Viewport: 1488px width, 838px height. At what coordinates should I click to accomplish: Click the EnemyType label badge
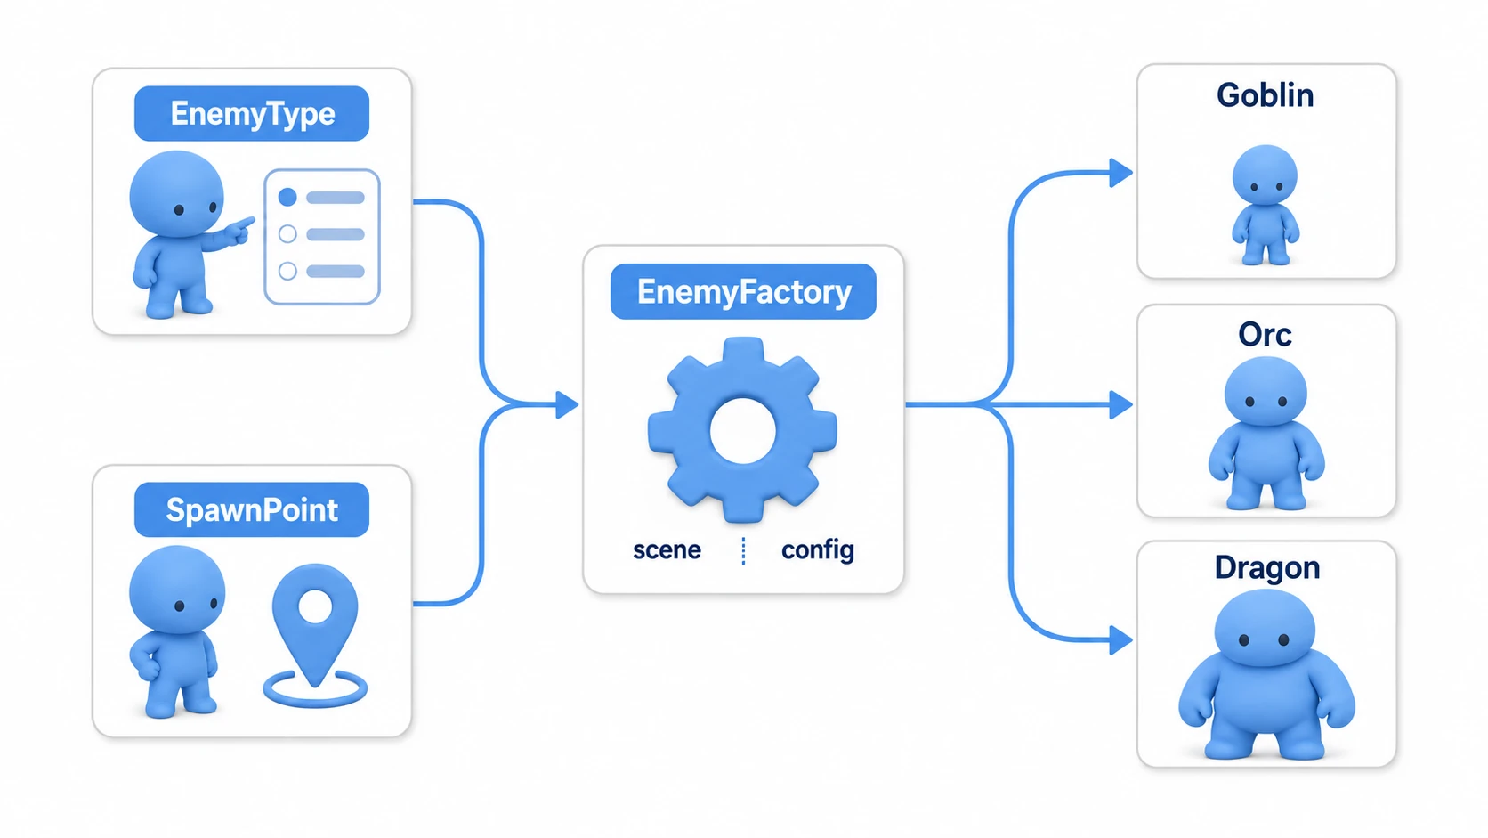coord(252,114)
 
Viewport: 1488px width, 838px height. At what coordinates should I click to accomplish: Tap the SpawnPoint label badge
coord(252,509)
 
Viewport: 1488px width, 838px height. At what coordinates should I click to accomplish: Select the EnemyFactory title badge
coord(743,292)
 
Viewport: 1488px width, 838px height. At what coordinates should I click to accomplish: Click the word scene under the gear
coord(667,550)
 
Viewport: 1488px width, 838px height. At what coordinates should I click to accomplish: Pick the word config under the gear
coord(818,551)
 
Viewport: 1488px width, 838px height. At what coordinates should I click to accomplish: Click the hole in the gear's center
coord(743,431)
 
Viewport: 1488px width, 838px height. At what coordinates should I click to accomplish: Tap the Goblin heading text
coord(1266,95)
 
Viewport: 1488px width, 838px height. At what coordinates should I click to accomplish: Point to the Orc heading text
coord(1265,334)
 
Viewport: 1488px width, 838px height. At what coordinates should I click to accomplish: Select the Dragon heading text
coord(1266,568)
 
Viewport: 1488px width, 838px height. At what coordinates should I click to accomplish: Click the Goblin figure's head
coord(1265,175)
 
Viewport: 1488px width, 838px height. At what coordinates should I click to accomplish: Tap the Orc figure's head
coord(1266,392)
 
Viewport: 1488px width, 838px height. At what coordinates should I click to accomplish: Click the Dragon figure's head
coord(1265,628)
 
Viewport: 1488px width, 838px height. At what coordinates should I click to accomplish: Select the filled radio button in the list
coord(287,197)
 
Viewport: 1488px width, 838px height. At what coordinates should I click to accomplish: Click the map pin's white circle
coord(316,607)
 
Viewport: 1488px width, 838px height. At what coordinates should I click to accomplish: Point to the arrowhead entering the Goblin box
coord(1121,173)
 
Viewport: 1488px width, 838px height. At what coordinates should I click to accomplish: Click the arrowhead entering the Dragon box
coord(1121,640)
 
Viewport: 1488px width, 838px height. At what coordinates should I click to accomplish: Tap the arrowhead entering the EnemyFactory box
coord(567,404)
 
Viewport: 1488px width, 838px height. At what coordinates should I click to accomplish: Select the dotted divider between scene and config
coord(743,551)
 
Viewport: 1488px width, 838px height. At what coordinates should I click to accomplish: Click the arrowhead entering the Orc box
coord(1121,404)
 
